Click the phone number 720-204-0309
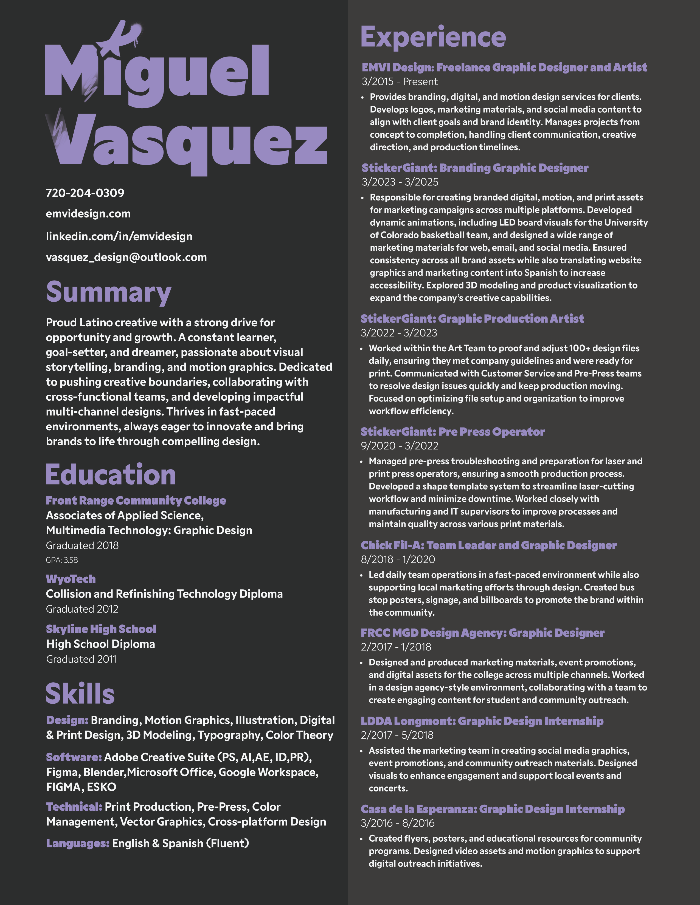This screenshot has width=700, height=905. pos(85,193)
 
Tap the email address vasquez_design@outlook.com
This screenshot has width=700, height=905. pos(126,257)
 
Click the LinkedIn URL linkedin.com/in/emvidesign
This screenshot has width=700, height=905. pos(119,237)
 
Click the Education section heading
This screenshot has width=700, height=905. pos(111,475)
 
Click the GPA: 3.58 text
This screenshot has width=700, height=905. pos(62,560)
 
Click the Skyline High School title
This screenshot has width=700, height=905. pos(101,629)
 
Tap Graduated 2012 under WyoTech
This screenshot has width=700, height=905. pos(82,609)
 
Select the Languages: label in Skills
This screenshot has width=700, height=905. pos(78,843)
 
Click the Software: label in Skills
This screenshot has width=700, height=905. pos(74,757)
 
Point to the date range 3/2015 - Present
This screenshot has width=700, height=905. pos(399,82)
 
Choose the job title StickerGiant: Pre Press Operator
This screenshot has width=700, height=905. pos(452,432)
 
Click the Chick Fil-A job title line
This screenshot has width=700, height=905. pos(488,545)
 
